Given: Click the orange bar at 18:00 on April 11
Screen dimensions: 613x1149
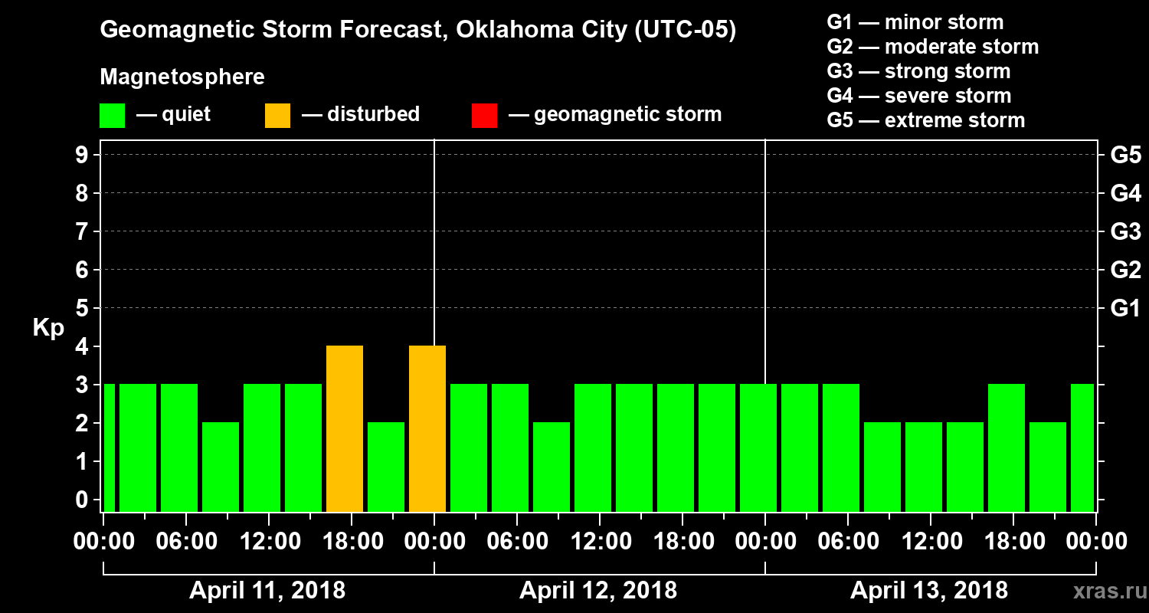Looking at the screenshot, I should click(345, 428).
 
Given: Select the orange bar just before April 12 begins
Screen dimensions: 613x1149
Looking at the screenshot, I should click(427, 428).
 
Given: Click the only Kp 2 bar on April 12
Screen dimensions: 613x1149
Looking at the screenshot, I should click(552, 466).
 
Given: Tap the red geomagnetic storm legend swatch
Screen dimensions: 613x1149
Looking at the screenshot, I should click(484, 115).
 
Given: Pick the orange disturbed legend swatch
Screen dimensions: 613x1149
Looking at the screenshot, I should click(277, 115).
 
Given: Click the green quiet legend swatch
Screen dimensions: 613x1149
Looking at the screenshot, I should click(112, 115).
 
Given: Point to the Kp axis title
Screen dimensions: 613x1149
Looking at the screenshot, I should click(47, 328).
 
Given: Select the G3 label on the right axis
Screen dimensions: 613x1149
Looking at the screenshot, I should click(1125, 231).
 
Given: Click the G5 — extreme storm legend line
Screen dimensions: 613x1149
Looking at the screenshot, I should click(925, 120).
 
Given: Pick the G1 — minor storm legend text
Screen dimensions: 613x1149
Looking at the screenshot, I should click(915, 22).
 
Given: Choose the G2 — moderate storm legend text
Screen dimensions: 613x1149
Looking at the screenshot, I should click(932, 47).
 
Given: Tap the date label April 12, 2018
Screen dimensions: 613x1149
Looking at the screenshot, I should click(598, 591).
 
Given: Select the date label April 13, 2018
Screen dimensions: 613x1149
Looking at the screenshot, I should click(929, 591).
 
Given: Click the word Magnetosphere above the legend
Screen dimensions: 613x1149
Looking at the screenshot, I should click(182, 77).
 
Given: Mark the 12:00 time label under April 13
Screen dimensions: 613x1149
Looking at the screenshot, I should click(930, 542).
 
